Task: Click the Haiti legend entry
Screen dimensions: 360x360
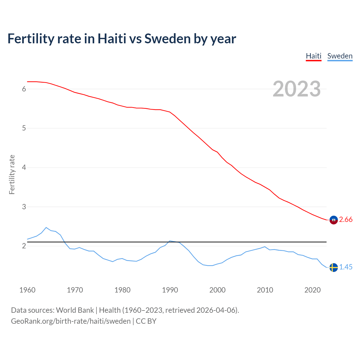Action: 313,56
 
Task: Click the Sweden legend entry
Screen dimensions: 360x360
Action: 340,56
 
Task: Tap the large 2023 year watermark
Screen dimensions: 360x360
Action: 297,89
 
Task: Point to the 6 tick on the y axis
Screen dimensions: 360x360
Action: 24,89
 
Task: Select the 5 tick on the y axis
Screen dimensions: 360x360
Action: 24,128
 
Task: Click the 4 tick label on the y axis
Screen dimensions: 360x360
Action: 24,168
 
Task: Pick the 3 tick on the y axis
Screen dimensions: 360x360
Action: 24,207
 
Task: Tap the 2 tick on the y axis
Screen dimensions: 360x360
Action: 24,246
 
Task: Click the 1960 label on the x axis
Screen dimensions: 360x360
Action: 27,290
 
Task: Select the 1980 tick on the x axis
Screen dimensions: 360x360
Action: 122,290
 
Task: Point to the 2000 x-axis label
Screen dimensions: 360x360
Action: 217,290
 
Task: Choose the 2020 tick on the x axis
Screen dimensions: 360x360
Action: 312,290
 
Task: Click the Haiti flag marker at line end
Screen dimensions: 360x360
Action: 334,220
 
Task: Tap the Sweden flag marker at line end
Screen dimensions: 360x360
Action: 334,267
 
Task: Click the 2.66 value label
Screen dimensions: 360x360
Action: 346,220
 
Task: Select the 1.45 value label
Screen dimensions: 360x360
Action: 346,267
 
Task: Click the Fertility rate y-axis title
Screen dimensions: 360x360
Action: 12,174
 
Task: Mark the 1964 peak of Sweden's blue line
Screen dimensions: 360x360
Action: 46,228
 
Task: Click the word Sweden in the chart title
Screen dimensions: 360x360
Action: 167,39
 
